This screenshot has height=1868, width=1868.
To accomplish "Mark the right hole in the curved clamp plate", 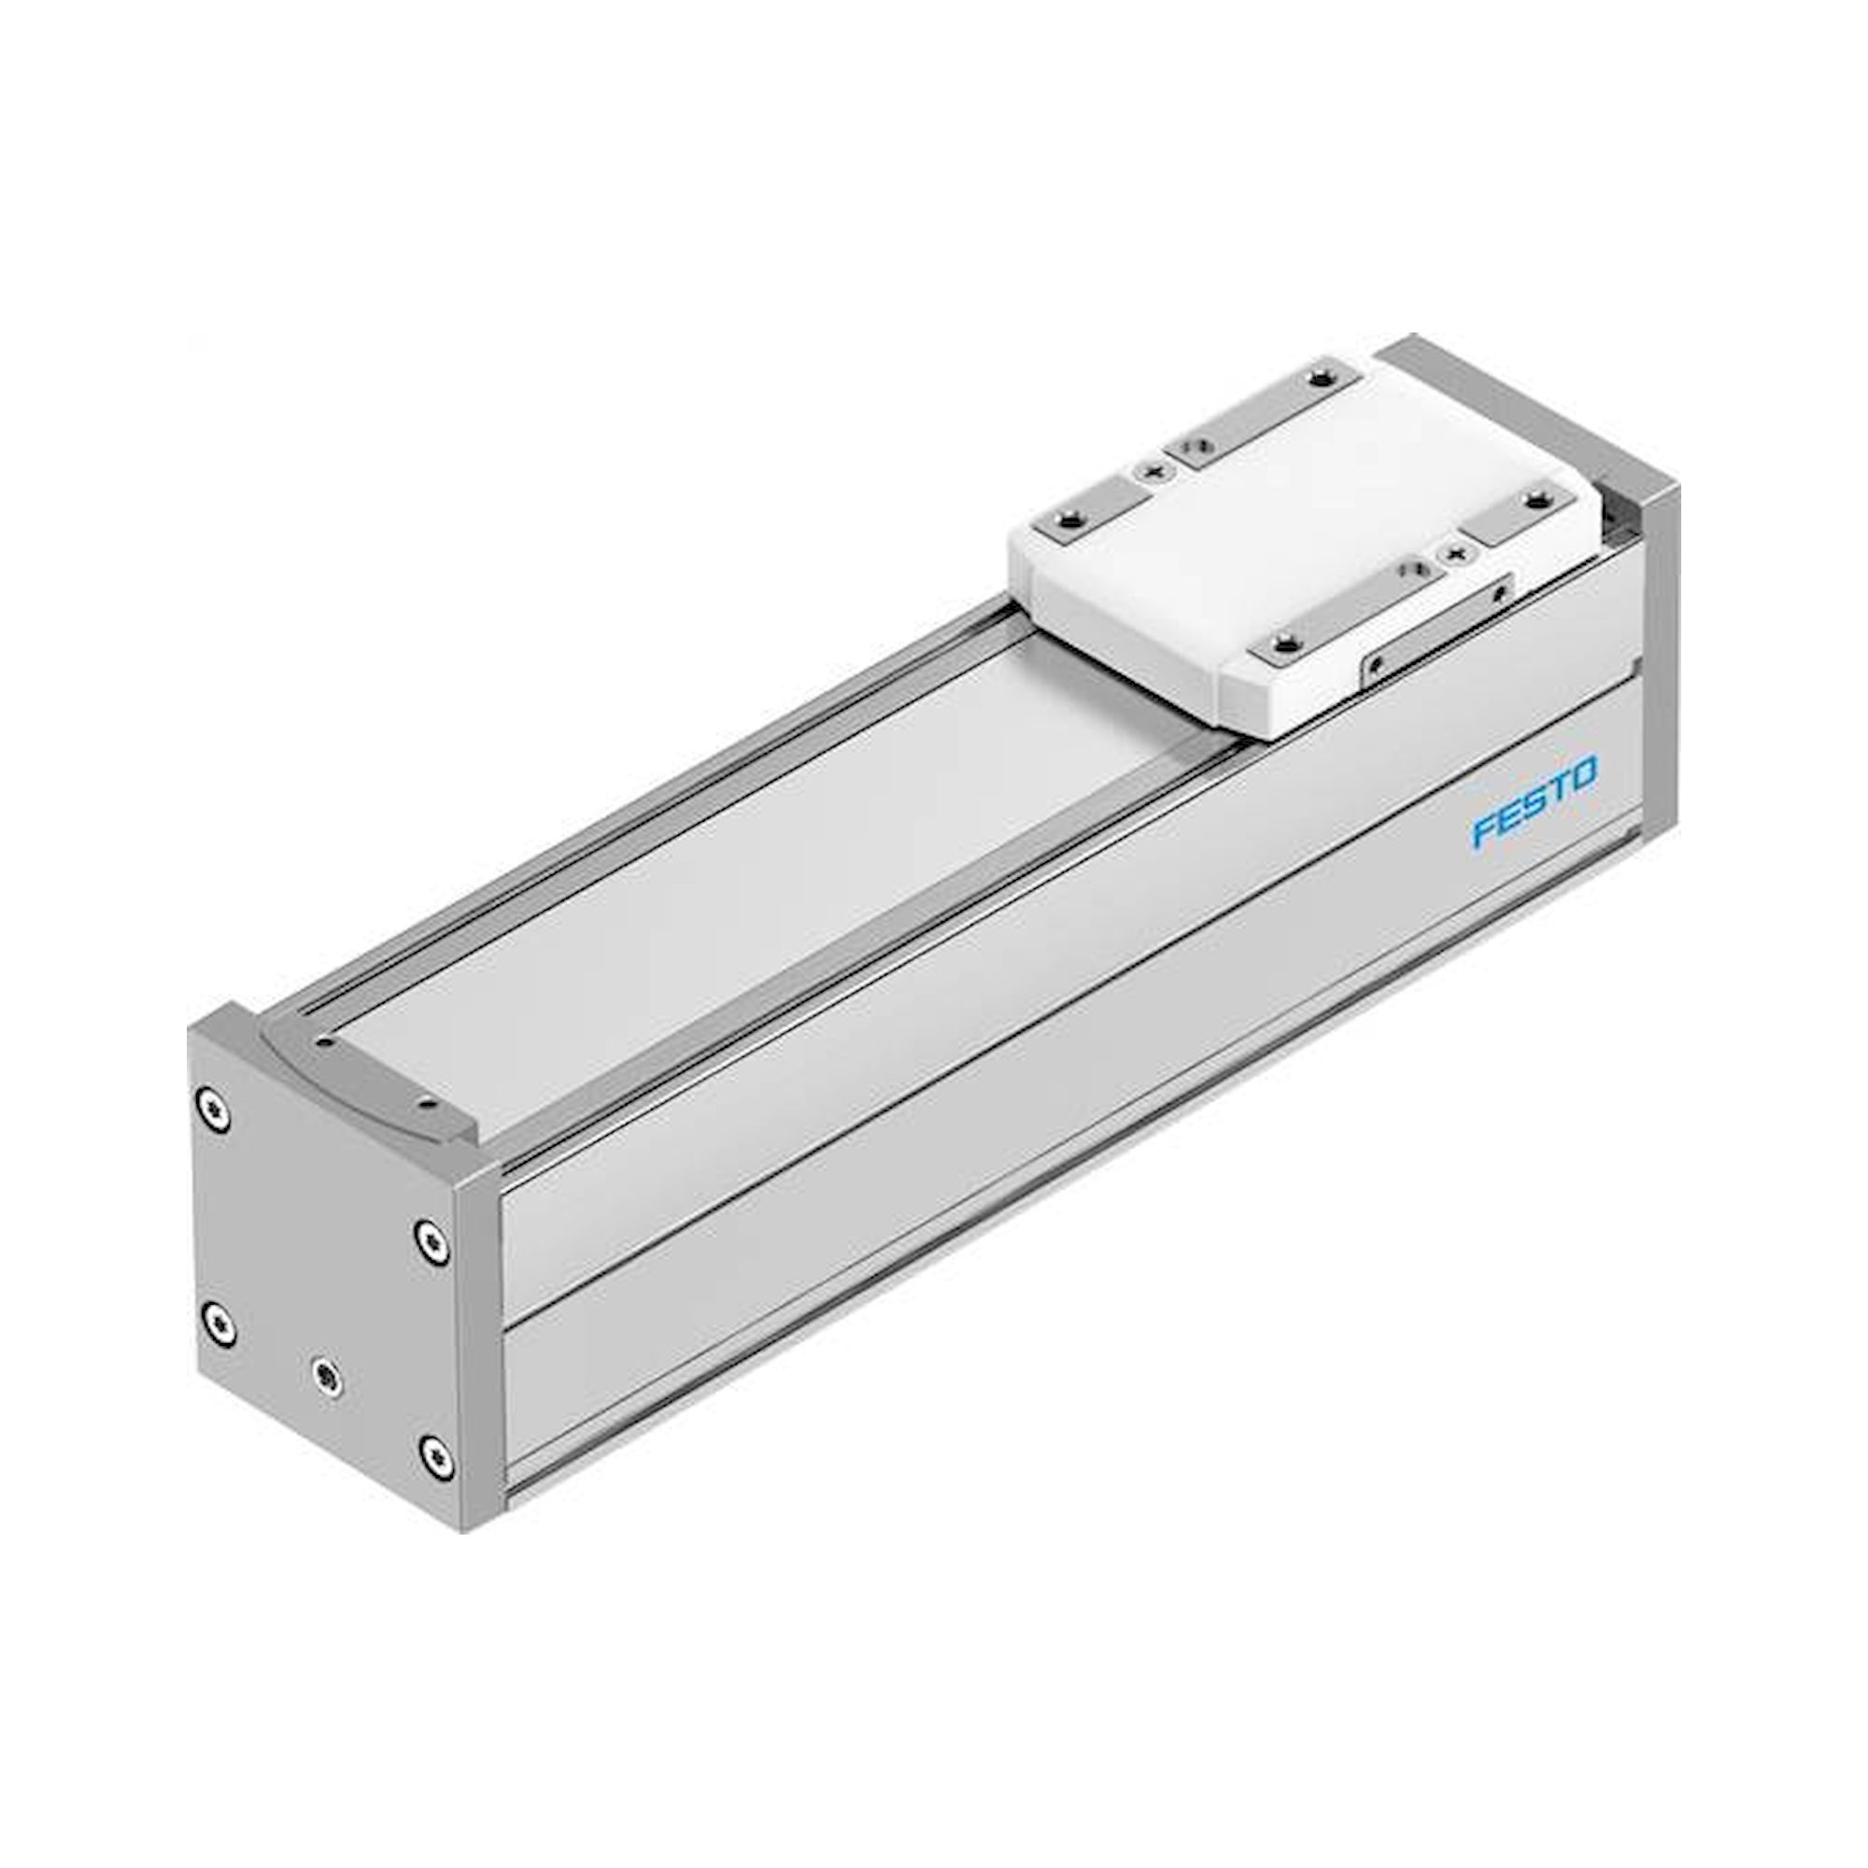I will tap(424, 1101).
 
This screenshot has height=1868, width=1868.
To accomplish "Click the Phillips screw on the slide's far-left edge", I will tap(1152, 471).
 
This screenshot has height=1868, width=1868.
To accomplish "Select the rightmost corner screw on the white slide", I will tap(1535, 499).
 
